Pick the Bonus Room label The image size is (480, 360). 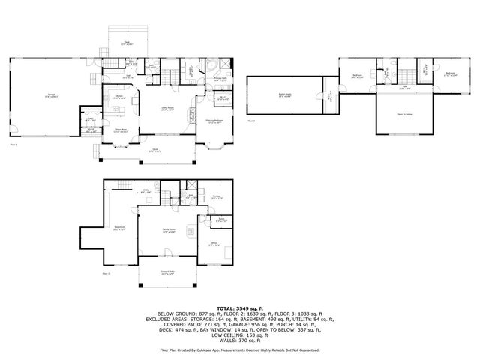click(284, 95)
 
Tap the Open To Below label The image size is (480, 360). click(405, 115)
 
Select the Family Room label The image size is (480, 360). click(168, 229)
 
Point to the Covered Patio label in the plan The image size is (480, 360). click(168, 273)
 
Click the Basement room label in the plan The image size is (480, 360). click(118, 228)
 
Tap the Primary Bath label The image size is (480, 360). click(220, 78)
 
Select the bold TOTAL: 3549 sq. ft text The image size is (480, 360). click(239, 308)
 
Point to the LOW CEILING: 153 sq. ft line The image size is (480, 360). click(239, 331)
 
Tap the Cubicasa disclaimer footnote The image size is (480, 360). click(239, 349)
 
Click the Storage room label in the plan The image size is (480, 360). click(216, 196)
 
